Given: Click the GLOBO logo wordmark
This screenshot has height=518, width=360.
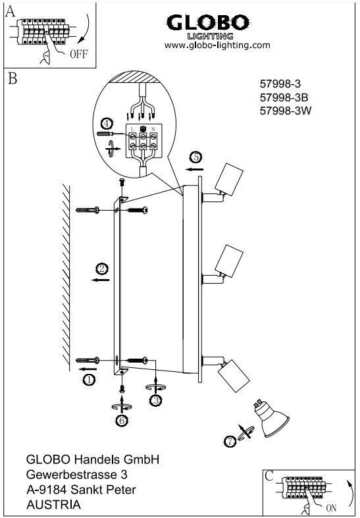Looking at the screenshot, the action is [x=208, y=22].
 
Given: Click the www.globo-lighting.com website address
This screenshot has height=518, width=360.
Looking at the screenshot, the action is [x=217, y=45].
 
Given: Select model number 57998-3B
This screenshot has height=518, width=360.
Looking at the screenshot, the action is [x=284, y=97].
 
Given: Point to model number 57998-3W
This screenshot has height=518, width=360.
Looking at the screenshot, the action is [x=286, y=111].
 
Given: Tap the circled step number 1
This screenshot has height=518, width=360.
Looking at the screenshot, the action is [x=89, y=380].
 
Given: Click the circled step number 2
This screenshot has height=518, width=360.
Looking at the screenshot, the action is [x=101, y=269].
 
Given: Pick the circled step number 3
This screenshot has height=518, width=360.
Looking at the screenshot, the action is [x=155, y=400].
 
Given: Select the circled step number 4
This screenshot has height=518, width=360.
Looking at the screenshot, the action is [x=107, y=124].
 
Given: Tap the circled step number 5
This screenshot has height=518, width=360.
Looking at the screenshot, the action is [x=196, y=157].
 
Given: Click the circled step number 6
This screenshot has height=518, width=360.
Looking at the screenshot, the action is [x=122, y=421].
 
